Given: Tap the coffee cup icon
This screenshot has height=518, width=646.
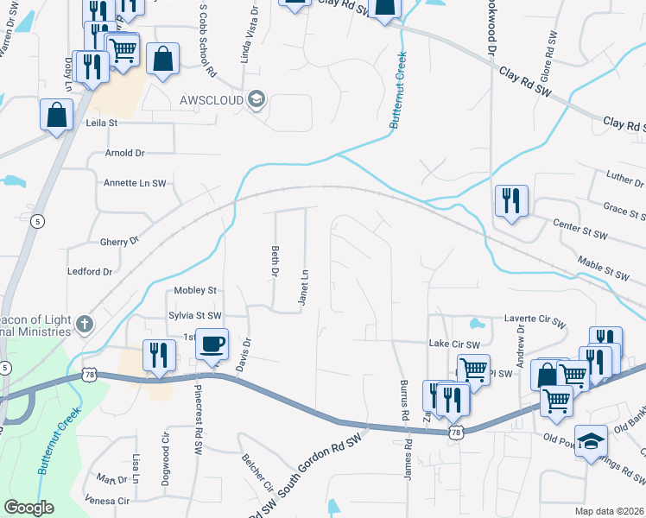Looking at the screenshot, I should pyautogui.click(x=212, y=344).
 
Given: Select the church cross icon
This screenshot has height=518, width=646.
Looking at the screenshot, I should pyautogui.click(x=83, y=325).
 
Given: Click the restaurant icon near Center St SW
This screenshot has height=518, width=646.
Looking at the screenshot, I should pyautogui.click(x=511, y=201).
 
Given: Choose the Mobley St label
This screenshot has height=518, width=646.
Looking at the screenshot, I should pyautogui.click(x=194, y=291).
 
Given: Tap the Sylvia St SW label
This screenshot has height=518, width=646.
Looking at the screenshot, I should pyautogui.click(x=195, y=316).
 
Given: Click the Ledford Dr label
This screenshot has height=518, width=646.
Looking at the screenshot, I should pyautogui.click(x=90, y=272).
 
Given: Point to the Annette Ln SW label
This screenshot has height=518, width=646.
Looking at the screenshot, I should pyautogui.click(x=134, y=183).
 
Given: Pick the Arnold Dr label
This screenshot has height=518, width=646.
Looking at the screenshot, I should pyautogui.click(x=124, y=153).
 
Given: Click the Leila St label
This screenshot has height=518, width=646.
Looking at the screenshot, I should pyautogui.click(x=101, y=123).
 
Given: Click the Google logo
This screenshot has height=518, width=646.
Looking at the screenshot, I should pyautogui.click(x=29, y=508).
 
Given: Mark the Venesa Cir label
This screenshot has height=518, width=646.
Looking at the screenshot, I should pyautogui.click(x=107, y=501).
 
